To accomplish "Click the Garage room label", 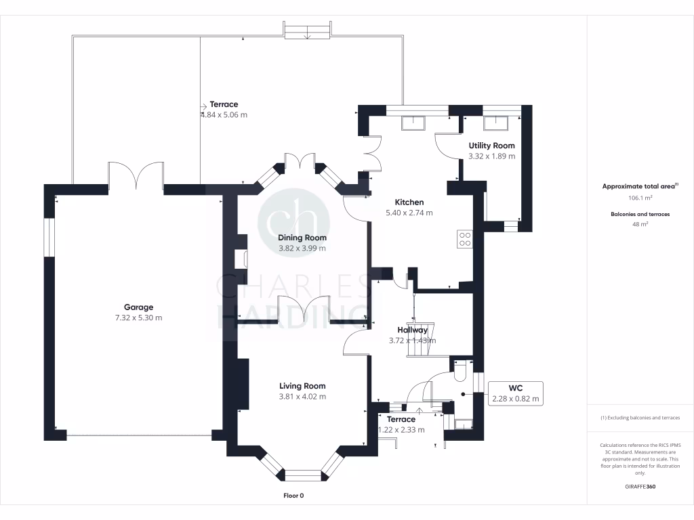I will click(x=138, y=307).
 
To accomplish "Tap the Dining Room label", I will click(x=302, y=238).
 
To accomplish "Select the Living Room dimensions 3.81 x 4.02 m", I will click(x=303, y=397).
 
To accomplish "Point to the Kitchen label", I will click(x=409, y=202).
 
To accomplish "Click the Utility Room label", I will click(x=491, y=146).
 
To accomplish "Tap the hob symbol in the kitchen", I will click(x=466, y=238).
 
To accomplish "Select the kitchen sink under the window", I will click(x=413, y=123).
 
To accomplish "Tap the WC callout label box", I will click(x=516, y=393).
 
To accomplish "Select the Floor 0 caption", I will click(x=293, y=496).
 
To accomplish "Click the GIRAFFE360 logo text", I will click(x=640, y=486).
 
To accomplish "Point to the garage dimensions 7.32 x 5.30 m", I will click(x=138, y=318).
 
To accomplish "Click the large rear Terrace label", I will click(x=224, y=104).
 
